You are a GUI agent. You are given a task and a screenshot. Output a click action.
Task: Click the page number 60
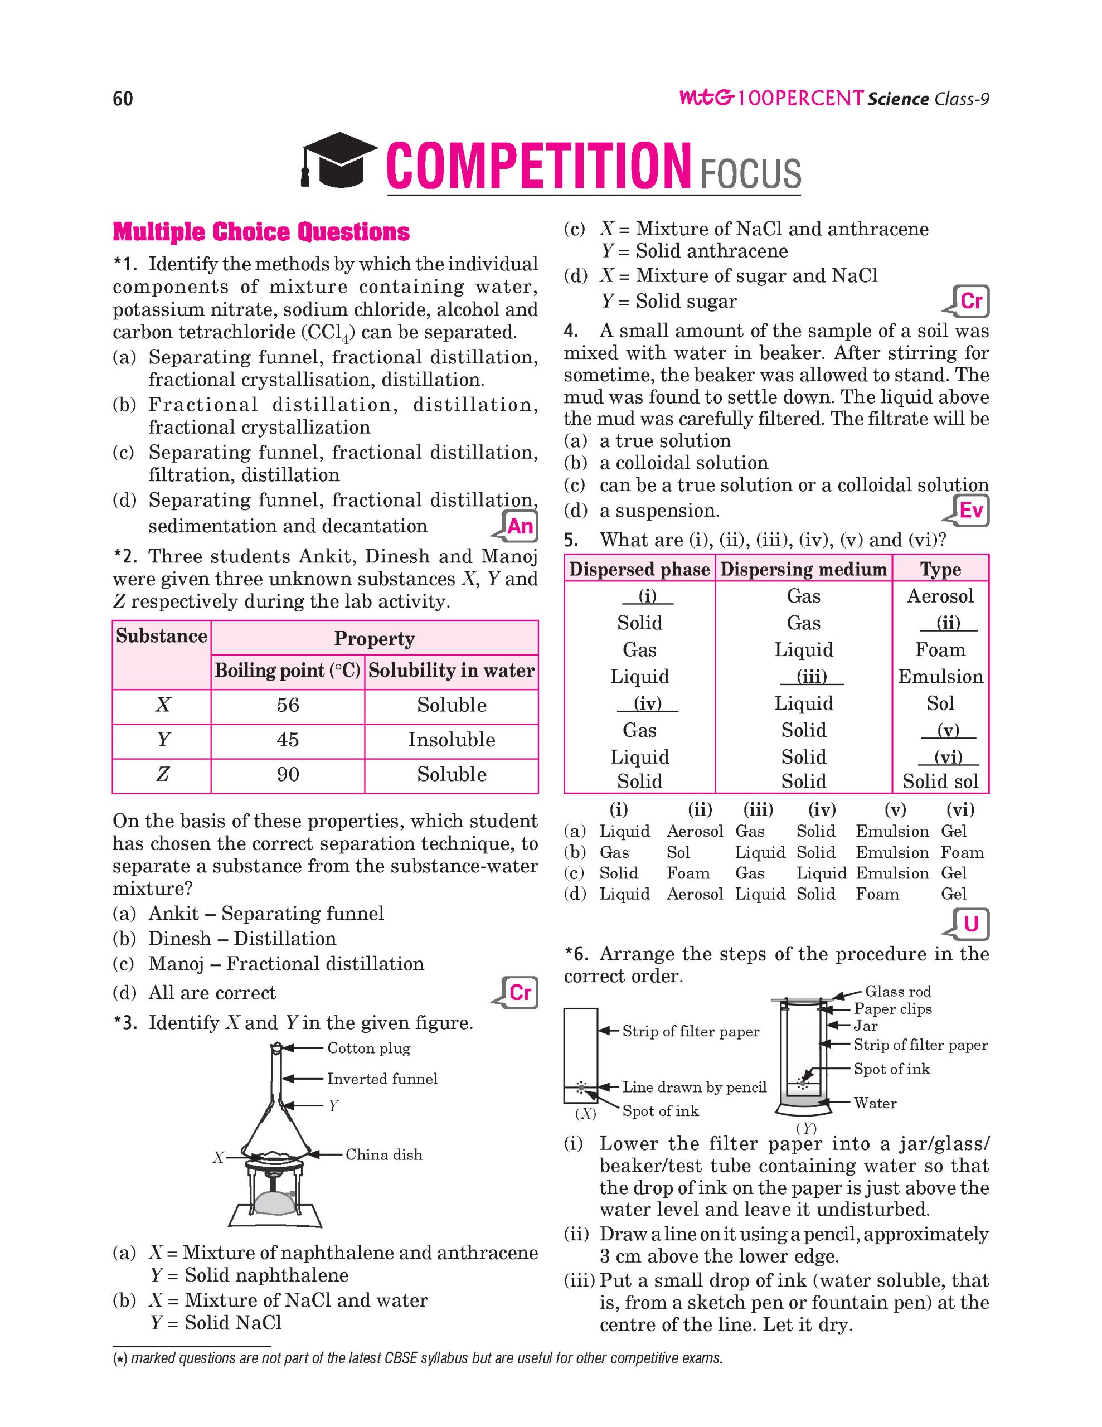123,99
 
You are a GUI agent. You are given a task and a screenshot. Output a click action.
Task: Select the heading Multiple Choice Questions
261,232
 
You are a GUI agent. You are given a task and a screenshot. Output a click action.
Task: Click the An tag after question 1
520,526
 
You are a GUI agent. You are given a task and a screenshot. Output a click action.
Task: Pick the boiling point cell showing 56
288,706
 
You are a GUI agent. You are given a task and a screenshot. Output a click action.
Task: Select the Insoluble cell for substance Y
452,740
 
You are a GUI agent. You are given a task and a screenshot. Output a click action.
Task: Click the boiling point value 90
288,775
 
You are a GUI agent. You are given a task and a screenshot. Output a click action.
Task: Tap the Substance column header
161,637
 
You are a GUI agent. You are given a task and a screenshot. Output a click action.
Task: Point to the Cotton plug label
368,1049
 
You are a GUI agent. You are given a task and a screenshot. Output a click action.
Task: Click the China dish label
383,1155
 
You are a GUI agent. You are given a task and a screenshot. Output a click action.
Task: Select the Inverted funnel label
382,1079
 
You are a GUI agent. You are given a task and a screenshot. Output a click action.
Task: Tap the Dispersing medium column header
803,570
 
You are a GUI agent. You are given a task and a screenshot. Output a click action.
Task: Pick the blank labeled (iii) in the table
812,677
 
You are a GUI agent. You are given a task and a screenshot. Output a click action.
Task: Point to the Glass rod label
898,992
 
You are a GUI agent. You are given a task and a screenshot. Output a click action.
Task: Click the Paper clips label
892,1009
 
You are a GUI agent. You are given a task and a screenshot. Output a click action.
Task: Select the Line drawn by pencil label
694,1087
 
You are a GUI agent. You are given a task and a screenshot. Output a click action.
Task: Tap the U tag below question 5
972,924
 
